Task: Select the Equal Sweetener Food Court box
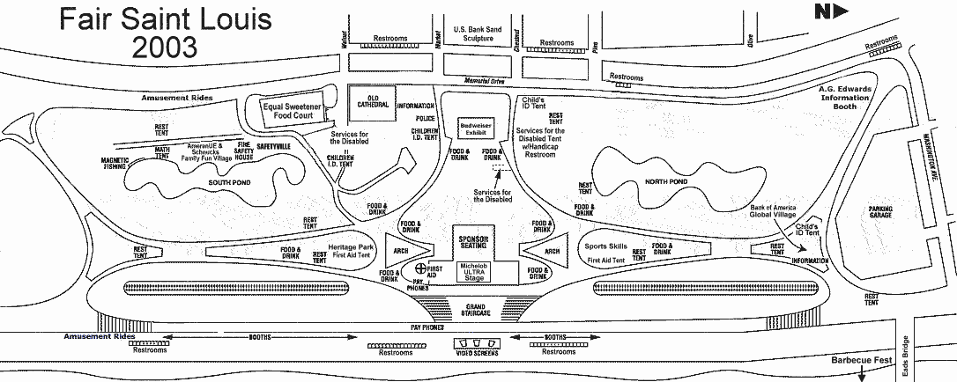coord(290,111)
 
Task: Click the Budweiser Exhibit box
coord(476,129)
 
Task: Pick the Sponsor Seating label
coord(476,241)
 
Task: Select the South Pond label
coord(208,182)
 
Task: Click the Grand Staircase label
coord(476,309)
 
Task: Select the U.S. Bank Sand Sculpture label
coord(477,34)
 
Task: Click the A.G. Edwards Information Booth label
coord(845,99)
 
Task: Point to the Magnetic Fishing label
coord(115,163)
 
